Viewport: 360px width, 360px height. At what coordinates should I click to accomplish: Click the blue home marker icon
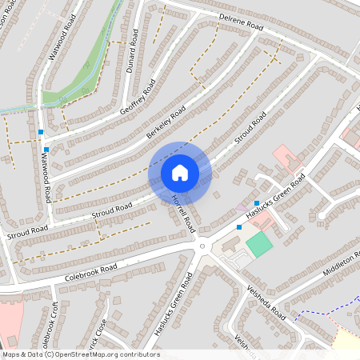180,173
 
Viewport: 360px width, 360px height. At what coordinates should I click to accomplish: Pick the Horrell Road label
183,214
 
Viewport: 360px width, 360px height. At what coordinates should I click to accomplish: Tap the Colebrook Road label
91,271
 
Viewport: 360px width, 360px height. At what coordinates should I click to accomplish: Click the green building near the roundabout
258,244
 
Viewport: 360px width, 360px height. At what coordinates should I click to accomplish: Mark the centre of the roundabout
204,247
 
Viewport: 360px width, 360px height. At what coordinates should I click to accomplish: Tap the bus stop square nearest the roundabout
239,227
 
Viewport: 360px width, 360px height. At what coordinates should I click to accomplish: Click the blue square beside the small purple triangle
256,203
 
